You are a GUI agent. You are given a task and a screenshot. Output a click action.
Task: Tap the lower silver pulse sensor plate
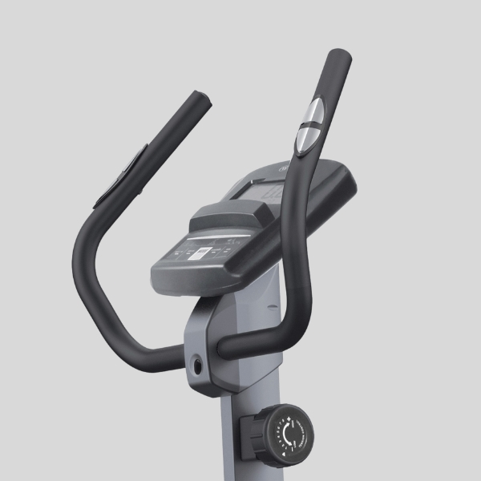305,139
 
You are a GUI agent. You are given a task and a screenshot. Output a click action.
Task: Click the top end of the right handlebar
338,57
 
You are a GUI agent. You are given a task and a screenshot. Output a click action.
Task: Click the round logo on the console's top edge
283,168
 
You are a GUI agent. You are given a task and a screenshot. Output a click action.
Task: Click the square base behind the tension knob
247,433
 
